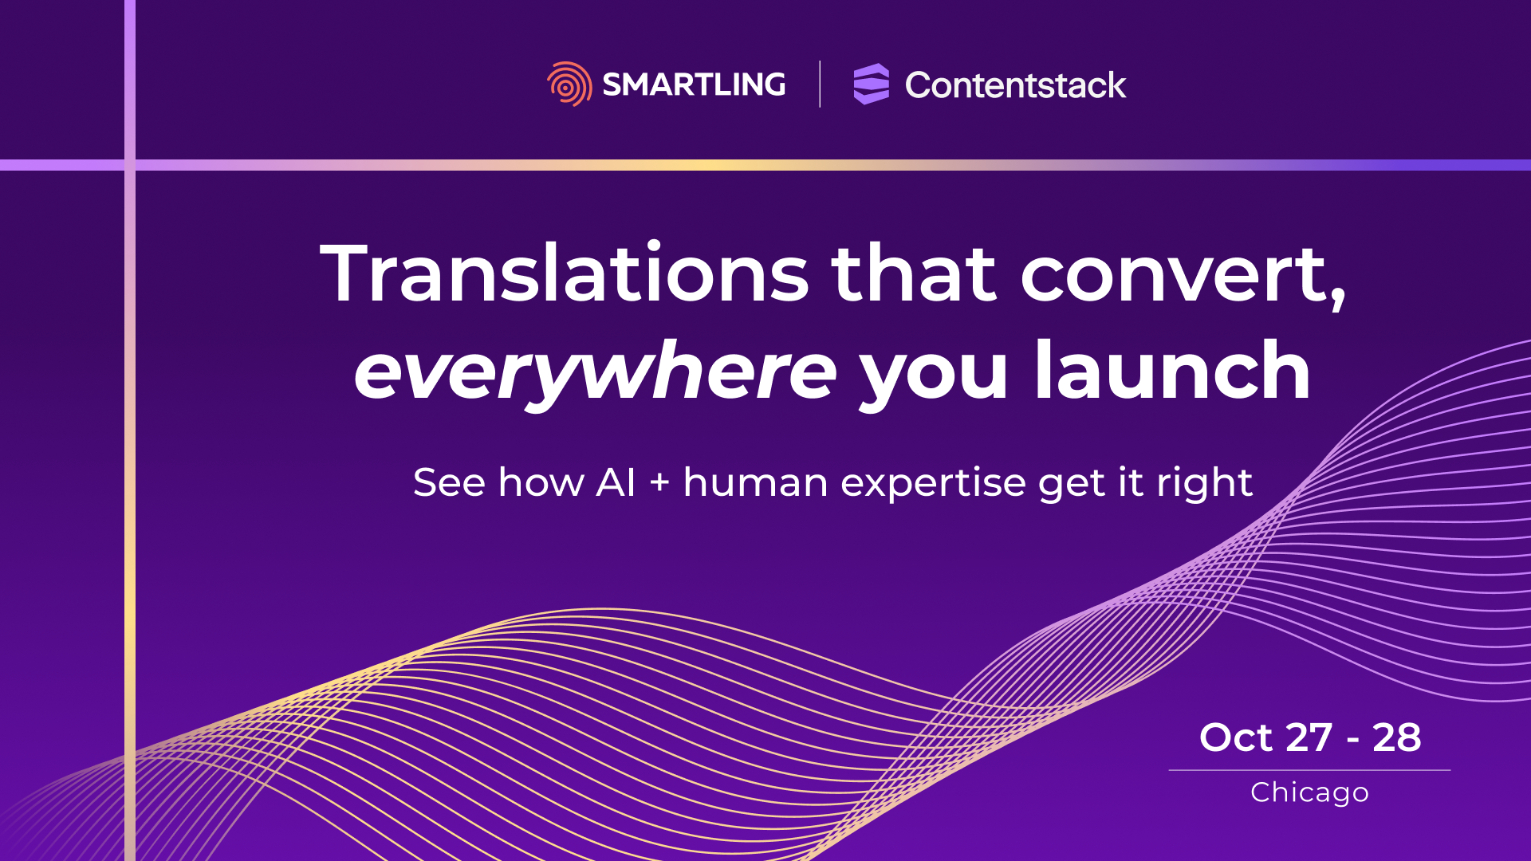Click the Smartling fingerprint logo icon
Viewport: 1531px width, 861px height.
click(569, 84)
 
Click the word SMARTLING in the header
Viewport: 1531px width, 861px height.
click(694, 85)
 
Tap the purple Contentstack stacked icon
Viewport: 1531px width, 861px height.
click(871, 84)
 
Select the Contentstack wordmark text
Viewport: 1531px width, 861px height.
click(1015, 85)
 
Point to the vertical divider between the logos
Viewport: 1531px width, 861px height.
click(820, 84)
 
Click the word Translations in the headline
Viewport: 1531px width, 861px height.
click(565, 273)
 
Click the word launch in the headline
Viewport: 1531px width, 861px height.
click(1172, 369)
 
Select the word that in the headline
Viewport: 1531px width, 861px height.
click(914, 273)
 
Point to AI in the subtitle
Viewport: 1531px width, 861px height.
click(616, 482)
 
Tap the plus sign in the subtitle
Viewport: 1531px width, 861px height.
click(659, 483)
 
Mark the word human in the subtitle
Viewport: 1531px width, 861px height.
click(756, 482)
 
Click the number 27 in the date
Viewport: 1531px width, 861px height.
click(1309, 737)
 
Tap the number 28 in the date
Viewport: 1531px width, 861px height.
click(1397, 737)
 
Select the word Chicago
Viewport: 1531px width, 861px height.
click(1309, 793)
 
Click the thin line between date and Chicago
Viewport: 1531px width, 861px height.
click(1309, 770)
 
